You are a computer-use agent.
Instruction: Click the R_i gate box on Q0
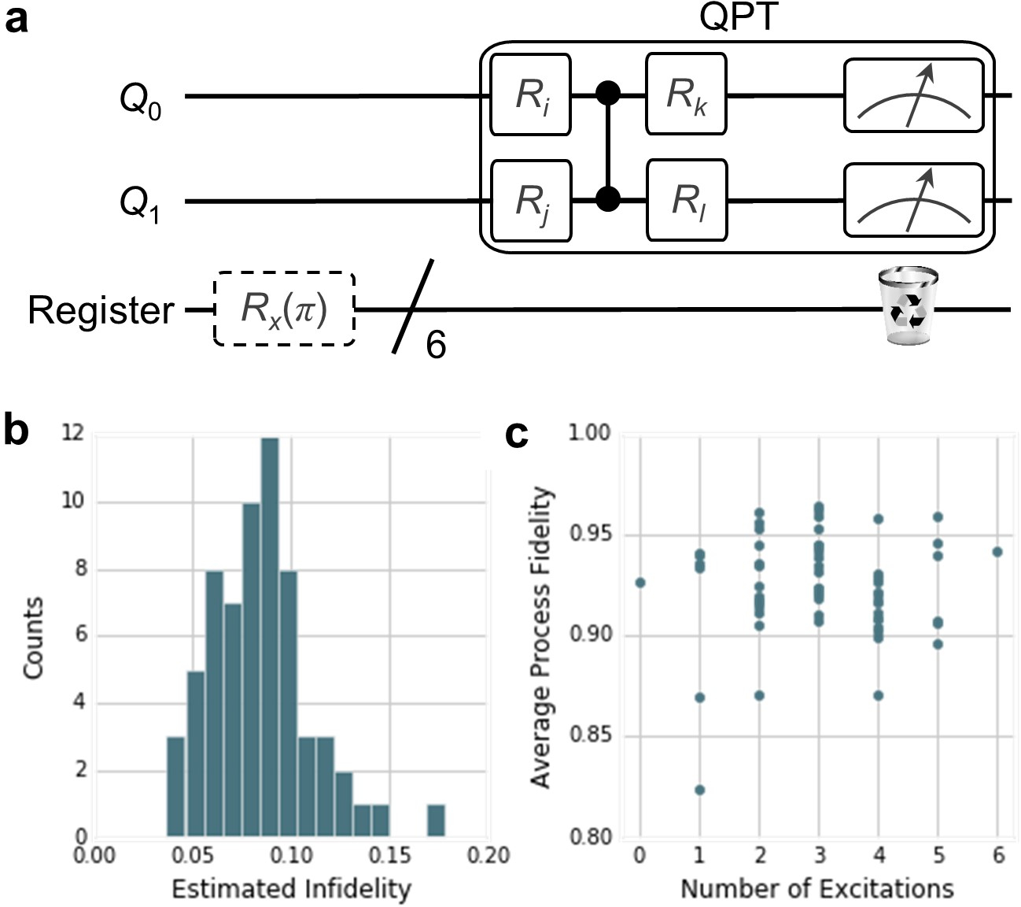coord(530,94)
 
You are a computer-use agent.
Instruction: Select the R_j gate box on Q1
coord(530,200)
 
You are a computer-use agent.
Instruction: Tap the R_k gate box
coord(685,94)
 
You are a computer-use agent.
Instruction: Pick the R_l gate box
coord(685,200)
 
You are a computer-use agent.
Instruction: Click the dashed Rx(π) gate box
coord(284,309)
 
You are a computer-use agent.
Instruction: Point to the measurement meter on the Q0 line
coord(913,95)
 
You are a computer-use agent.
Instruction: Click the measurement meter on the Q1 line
coord(913,200)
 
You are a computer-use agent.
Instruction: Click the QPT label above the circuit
coord(739,17)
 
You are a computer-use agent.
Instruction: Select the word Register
coord(101,310)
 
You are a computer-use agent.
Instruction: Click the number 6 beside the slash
coord(436,344)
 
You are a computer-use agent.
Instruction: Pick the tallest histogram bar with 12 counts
coord(270,637)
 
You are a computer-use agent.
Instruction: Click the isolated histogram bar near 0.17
coord(437,820)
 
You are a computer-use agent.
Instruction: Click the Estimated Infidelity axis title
coord(291,889)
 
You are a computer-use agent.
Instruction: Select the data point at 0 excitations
coord(640,583)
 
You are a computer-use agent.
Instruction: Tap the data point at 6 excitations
coord(997,552)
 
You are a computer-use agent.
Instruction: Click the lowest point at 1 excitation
coord(699,790)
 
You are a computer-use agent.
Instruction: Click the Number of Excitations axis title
coord(816,889)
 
